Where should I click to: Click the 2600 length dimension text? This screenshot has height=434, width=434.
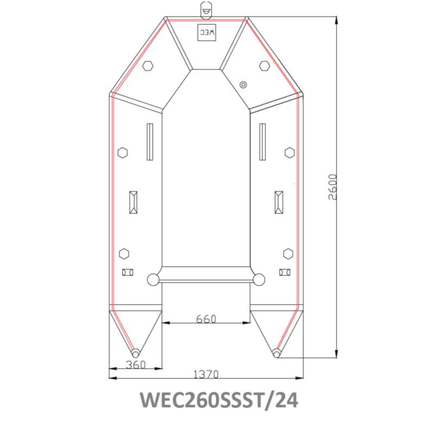pyautogui.click(x=333, y=187)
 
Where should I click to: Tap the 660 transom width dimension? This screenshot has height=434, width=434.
pyautogui.click(x=206, y=319)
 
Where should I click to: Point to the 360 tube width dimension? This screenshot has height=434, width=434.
pyautogui.click(x=136, y=365)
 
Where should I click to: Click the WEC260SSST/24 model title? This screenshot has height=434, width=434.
pyautogui.click(x=219, y=400)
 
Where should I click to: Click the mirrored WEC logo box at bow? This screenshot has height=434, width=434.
pyautogui.click(x=207, y=32)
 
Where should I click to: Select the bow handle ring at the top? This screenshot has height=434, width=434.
pyautogui.click(x=207, y=9)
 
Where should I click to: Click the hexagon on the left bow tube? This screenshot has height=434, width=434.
pyautogui.click(x=148, y=66)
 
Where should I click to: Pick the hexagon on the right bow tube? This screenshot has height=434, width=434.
pyautogui.click(x=264, y=66)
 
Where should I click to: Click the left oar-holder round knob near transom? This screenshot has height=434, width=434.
pyautogui.click(x=153, y=280)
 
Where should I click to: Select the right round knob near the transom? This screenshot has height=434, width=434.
pyautogui.click(x=259, y=280)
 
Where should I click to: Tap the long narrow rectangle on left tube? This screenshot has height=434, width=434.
pyautogui.click(x=150, y=142)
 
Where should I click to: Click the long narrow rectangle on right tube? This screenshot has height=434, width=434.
pyautogui.click(x=263, y=142)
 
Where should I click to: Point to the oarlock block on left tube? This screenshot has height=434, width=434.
pyautogui.click(x=133, y=202)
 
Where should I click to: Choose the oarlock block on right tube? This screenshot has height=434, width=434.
pyautogui.click(x=279, y=202)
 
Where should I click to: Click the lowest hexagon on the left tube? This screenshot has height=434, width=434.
pyautogui.click(x=124, y=253)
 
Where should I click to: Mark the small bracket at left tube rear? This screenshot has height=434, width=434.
pyautogui.click(x=127, y=272)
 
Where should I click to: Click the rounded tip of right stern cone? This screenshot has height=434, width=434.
pyautogui.click(x=277, y=354)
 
